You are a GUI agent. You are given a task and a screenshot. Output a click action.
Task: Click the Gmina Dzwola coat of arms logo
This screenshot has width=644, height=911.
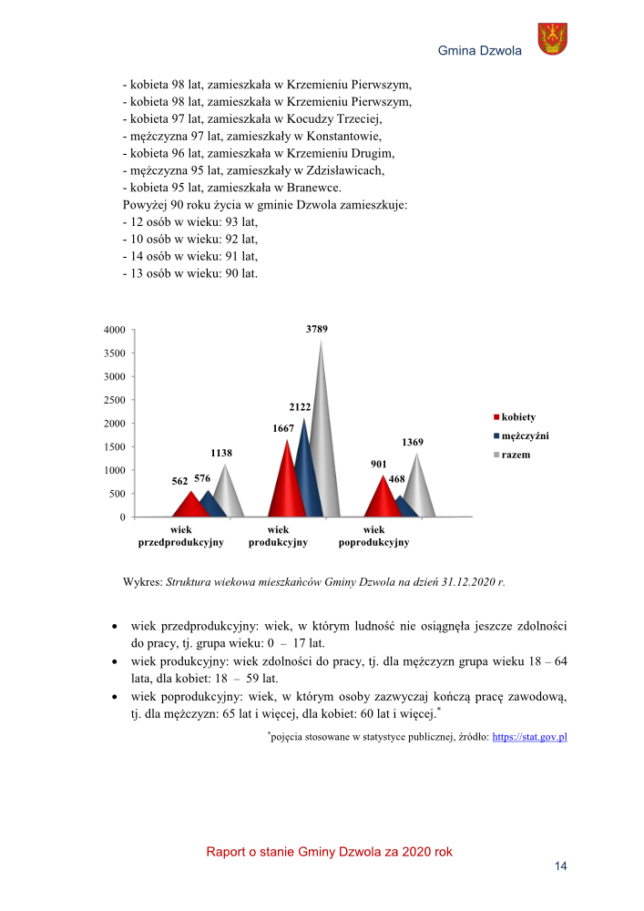click(553, 39)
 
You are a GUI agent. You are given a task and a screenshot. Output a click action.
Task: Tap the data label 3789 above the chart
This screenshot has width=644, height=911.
click(317, 329)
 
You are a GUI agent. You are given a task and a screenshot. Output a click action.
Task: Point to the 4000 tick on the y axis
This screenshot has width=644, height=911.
click(115, 330)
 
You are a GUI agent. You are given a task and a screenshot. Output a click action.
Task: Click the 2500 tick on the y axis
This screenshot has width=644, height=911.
click(115, 400)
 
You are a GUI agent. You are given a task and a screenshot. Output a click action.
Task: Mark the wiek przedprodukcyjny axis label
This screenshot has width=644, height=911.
click(180, 536)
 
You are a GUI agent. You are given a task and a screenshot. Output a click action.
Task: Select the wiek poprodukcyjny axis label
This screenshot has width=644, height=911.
click(373, 536)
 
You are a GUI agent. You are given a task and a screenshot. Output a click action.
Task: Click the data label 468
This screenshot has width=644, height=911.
click(397, 478)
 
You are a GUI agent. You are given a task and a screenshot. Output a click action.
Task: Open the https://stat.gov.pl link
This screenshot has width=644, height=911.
click(529, 737)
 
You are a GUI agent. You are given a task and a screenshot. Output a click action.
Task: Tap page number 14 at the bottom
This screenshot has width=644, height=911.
click(560, 866)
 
